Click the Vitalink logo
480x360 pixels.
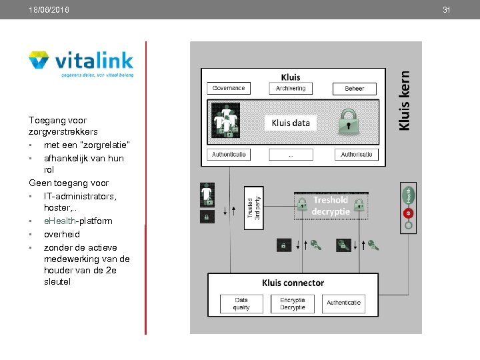(81, 64)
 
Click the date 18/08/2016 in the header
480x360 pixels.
(49, 10)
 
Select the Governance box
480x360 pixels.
(229, 88)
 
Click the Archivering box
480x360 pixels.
(291, 88)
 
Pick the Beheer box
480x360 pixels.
(354, 88)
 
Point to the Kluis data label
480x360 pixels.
(291, 123)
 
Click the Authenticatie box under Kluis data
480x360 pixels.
(229, 155)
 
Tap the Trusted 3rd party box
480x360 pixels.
(252, 207)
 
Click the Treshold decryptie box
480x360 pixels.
(331, 205)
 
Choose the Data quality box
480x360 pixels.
(241, 304)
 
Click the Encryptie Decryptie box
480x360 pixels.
(292, 304)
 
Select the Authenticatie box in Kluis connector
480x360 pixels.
(343, 303)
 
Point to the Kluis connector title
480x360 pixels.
(293, 283)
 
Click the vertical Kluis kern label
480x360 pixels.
(405, 101)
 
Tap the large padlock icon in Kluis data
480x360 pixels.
(349, 122)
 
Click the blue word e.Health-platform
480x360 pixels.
(78, 221)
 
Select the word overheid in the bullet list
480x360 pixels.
(61, 234)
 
